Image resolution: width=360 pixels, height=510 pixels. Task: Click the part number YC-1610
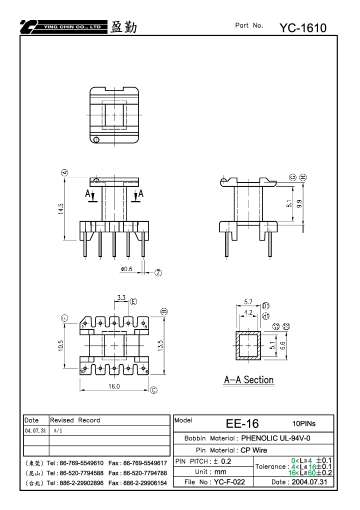(x=303, y=28)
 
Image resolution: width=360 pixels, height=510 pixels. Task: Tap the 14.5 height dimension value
(x=61, y=209)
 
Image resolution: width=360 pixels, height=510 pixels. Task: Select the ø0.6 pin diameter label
(x=126, y=269)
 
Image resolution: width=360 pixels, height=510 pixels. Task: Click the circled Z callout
(x=158, y=273)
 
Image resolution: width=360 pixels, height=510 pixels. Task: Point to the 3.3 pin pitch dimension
(x=121, y=297)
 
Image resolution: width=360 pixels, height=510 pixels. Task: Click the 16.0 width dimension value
(x=114, y=386)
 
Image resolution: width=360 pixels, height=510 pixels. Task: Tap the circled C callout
(x=153, y=390)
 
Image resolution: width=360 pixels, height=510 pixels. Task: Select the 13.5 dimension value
(x=160, y=345)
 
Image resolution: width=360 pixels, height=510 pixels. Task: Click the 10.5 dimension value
(x=61, y=345)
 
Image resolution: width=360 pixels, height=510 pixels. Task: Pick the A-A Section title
(x=249, y=380)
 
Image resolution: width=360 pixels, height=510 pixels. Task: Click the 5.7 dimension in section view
(x=248, y=302)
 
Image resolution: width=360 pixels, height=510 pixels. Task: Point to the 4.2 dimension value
(x=248, y=312)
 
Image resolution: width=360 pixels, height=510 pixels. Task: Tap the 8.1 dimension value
(x=289, y=204)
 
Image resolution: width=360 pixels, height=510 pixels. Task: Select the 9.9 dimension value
(x=299, y=204)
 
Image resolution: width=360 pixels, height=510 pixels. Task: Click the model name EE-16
(x=242, y=423)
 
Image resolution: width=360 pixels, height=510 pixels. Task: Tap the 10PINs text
(x=304, y=423)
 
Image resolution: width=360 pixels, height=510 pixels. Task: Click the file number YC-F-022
(x=229, y=482)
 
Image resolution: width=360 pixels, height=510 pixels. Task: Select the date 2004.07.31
(x=309, y=482)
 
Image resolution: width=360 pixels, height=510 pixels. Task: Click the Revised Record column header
(x=75, y=420)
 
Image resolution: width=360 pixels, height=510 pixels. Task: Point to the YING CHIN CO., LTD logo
(x=63, y=27)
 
